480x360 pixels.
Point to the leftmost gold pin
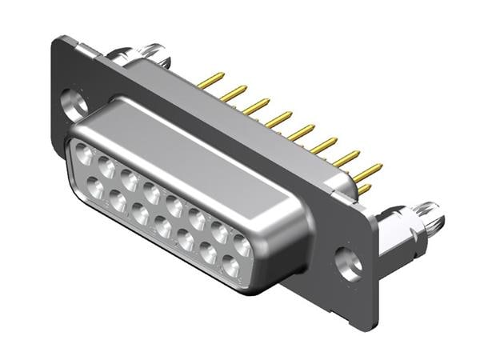click(210, 79)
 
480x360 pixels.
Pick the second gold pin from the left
click(234, 94)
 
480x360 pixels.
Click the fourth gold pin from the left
click(279, 120)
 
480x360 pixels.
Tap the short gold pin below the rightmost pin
click(364, 189)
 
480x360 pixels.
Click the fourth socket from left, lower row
click(163, 230)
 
